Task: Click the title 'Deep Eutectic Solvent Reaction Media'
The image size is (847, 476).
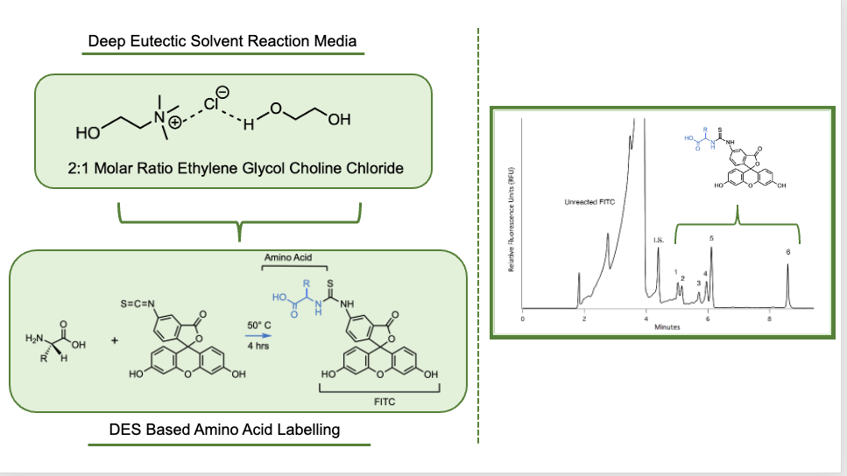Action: [x=222, y=41]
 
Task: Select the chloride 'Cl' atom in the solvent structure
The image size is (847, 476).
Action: [x=213, y=103]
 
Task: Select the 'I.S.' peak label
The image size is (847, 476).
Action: [x=658, y=239]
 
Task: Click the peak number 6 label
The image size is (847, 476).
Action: [x=787, y=252]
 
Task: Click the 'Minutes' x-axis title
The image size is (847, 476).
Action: [x=667, y=327]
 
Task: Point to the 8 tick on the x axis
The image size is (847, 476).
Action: [x=769, y=318]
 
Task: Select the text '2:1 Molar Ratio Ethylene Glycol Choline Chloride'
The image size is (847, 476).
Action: [x=236, y=168]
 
